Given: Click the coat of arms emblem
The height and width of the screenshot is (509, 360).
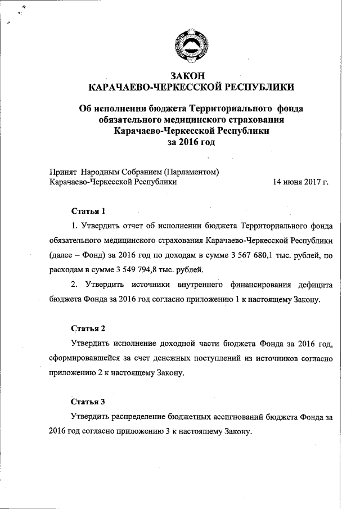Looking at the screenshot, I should (191, 46).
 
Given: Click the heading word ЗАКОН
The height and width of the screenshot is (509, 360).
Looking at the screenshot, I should (191, 75).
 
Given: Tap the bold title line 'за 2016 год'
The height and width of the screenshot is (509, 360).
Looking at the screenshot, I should (191, 142).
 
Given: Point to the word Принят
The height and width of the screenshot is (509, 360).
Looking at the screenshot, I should (63, 172).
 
